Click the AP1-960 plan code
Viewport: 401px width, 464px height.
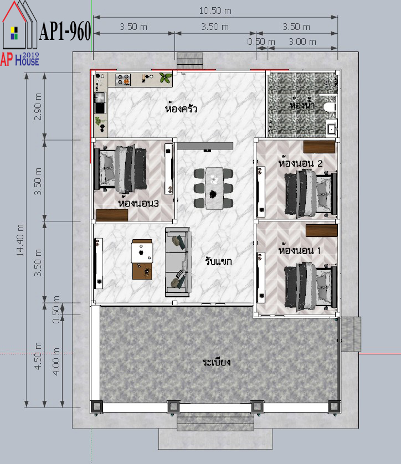tap(65, 31)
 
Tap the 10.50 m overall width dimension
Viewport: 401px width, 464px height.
tap(215, 11)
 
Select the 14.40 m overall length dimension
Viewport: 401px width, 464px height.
tap(20, 240)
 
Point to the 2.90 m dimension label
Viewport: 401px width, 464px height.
tap(38, 106)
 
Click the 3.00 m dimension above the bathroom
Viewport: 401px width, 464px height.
tap(302, 42)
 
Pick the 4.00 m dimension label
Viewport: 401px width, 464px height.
tap(56, 362)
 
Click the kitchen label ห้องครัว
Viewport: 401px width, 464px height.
tap(181, 108)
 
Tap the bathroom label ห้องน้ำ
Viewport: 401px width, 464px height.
tap(301, 105)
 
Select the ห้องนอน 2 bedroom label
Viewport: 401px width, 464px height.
tap(300, 163)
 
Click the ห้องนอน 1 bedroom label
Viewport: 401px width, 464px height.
tap(299, 250)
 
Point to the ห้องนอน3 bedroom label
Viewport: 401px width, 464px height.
tap(138, 203)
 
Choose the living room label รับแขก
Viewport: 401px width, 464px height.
tap(218, 261)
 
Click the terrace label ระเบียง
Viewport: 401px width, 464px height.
tap(217, 362)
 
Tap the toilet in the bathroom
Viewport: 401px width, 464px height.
tap(330, 107)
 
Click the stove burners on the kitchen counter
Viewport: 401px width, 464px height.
tap(122, 79)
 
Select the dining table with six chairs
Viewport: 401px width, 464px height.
tap(213, 188)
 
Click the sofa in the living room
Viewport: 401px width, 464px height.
tap(178, 262)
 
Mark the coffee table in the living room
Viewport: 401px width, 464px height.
tap(142, 259)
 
